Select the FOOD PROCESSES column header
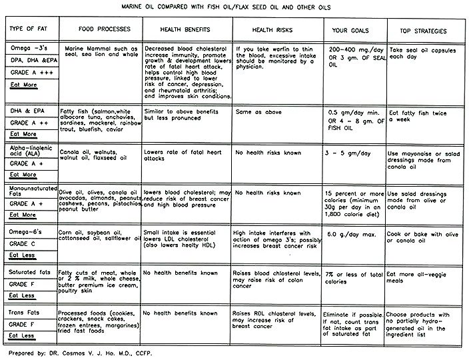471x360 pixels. [x=101, y=31]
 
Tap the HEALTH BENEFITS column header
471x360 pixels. [x=187, y=31]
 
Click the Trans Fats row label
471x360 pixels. [x=23, y=312]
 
